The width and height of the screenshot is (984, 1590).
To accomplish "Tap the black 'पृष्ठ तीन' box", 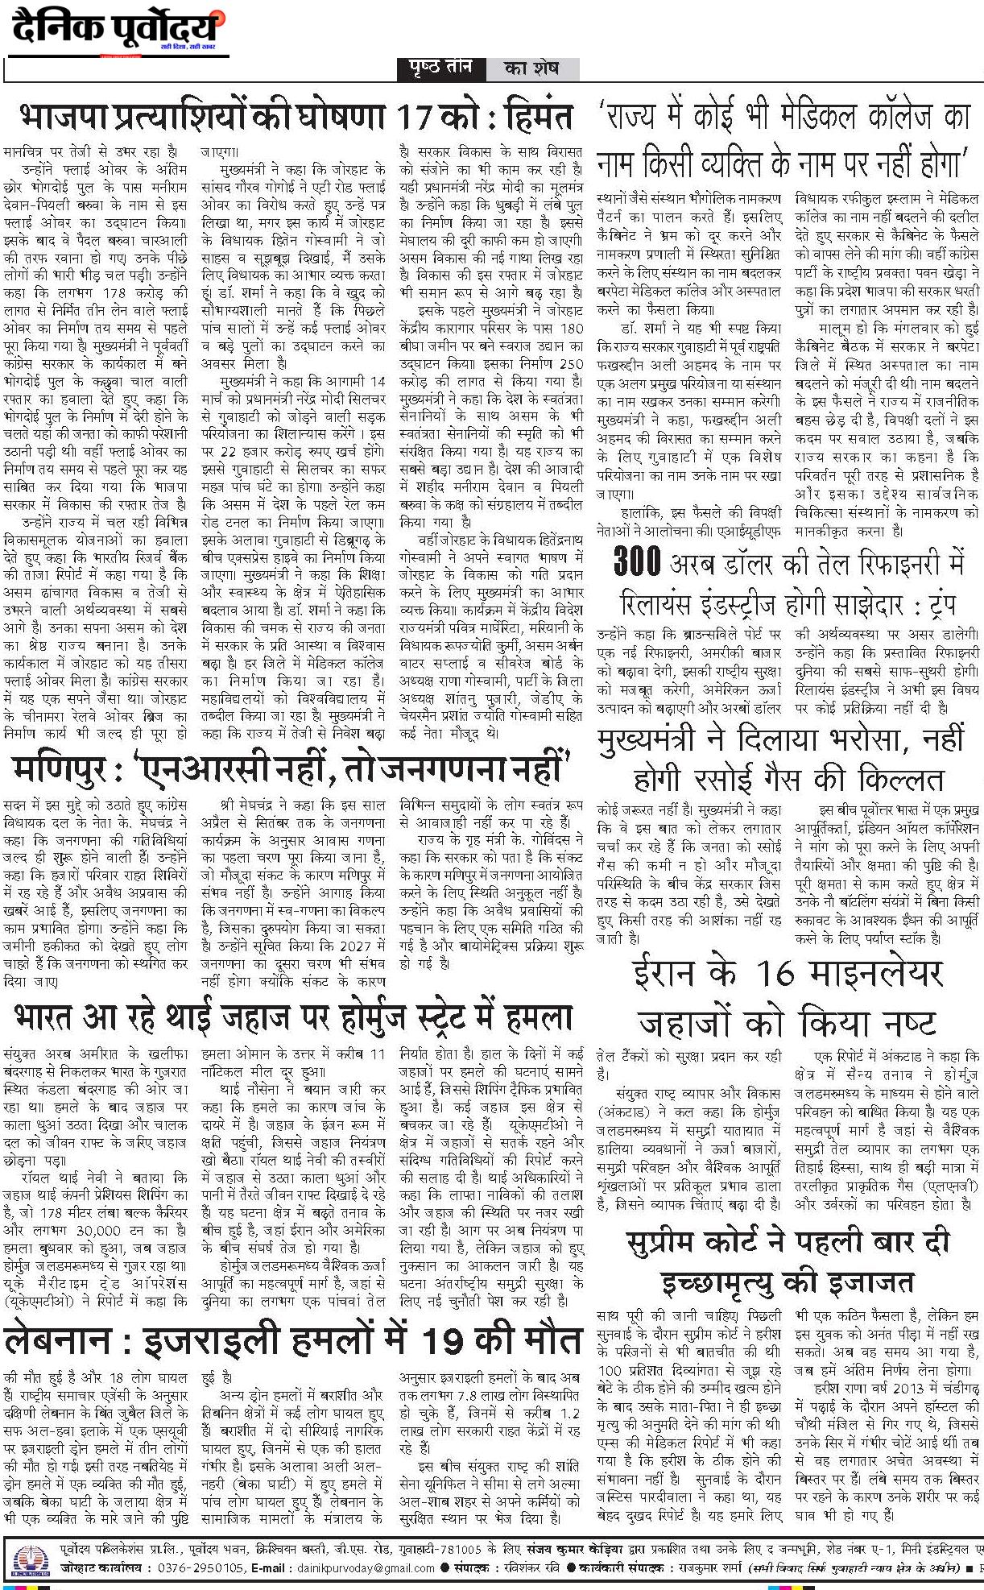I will (x=442, y=68).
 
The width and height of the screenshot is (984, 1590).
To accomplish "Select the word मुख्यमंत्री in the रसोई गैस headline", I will (x=676, y=739).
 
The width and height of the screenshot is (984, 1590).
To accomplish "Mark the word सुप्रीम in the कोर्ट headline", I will (x=677, y=1241).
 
